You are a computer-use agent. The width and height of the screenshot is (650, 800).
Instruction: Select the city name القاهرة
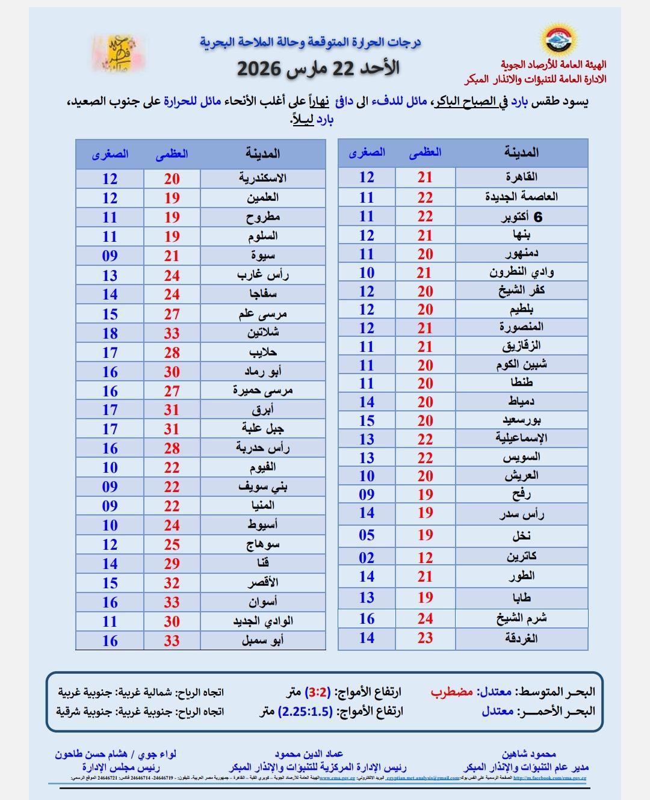(521, 177)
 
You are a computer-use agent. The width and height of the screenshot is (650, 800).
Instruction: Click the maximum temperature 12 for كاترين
(425, 558)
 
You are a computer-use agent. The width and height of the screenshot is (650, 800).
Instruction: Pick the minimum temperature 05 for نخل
(367, 535)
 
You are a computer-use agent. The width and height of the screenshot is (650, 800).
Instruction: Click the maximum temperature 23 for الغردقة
(425, 638)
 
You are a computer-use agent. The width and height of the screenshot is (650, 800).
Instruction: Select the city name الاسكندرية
(262, 179)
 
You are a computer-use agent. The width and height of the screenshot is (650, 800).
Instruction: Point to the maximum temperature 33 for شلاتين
(172, 333)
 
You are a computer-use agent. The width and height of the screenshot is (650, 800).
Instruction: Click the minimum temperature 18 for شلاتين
(110, 333)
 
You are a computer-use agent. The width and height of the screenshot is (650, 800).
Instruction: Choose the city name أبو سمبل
(262, 641)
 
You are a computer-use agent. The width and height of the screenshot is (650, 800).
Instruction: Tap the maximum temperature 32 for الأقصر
(172, 583)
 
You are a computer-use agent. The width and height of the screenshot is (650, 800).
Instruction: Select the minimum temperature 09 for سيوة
(110, 256)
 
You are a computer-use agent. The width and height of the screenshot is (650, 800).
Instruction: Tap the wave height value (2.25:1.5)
(305, 711)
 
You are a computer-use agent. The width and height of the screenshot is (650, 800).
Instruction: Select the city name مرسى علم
(262, 314)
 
